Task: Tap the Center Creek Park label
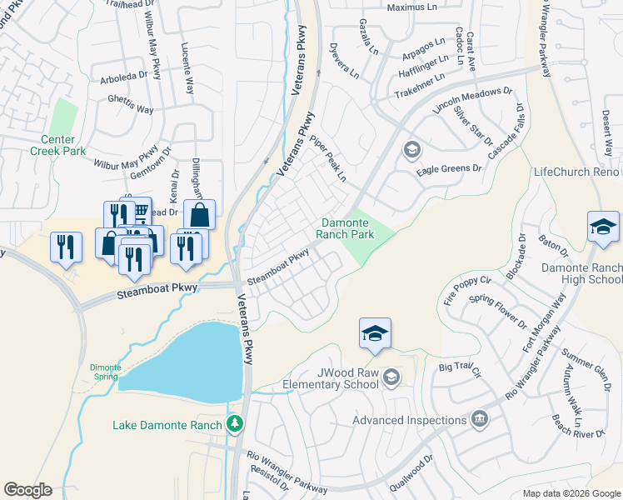[x=57, y=145]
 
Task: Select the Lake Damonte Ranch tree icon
[x=236, y=425]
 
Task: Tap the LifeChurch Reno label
[x=576, y=171]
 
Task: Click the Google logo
[x=27, y=490]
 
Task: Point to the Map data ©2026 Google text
[x=571, y=493]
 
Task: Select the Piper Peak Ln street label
[x=328, y=158]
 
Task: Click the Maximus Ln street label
[x=411, y=7]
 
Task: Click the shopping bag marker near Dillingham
[x=200, y=215]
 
